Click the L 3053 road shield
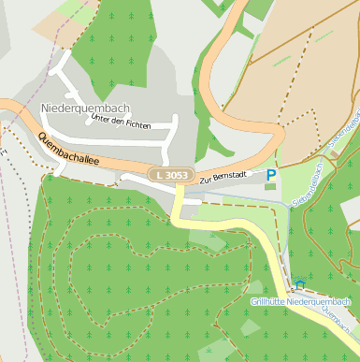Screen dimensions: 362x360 (x=170, y=175)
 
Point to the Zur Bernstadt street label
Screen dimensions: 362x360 (x=224, y=177)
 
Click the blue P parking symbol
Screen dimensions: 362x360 (x=271, y=175)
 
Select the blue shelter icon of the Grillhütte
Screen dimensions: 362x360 (x=299, y=284)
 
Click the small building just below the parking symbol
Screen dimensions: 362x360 (x=271, y=187)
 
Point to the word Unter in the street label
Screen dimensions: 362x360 (x=94, y=121)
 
